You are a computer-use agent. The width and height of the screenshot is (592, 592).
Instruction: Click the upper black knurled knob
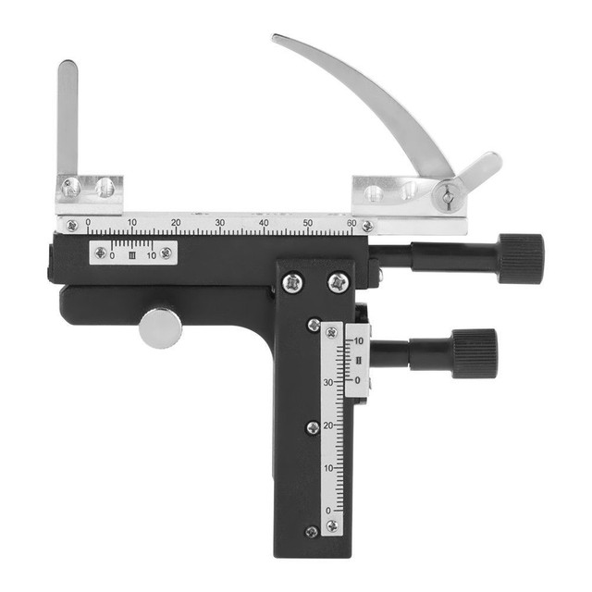point(520,258)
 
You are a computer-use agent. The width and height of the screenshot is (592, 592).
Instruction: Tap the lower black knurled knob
point(474,353)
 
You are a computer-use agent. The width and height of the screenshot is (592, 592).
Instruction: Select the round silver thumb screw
point(161,327)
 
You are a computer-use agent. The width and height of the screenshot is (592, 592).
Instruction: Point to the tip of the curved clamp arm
point(277,39)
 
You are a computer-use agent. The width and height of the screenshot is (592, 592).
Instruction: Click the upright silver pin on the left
point(68,116)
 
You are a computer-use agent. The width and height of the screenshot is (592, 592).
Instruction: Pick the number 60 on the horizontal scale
point(351,223)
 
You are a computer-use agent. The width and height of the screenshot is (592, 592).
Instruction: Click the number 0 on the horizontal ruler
point(88,223)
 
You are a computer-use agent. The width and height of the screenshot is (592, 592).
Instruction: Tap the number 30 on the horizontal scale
point(220,223)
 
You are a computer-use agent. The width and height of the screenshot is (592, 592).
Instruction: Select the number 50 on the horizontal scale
point(308,223)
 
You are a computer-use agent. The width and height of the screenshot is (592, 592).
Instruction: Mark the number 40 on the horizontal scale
point(265,223)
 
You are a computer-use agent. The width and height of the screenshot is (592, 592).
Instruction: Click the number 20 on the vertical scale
point(327,425)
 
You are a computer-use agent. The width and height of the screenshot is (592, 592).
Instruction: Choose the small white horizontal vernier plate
point(132,253)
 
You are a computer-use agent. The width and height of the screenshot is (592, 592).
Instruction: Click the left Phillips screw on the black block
point(293,280)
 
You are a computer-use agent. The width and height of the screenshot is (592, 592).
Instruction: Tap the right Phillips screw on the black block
point(338,280)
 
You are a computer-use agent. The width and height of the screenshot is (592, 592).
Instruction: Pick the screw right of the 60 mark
point(367,226)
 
